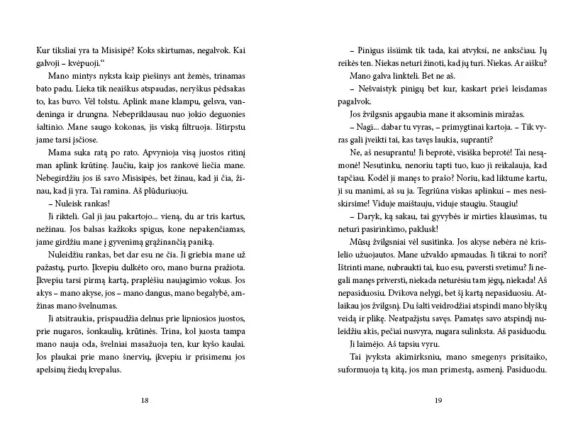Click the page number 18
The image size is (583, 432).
pyautogui.click(x=145, y=401)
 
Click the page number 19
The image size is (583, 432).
pyautogui.click(x=437, y=401)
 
